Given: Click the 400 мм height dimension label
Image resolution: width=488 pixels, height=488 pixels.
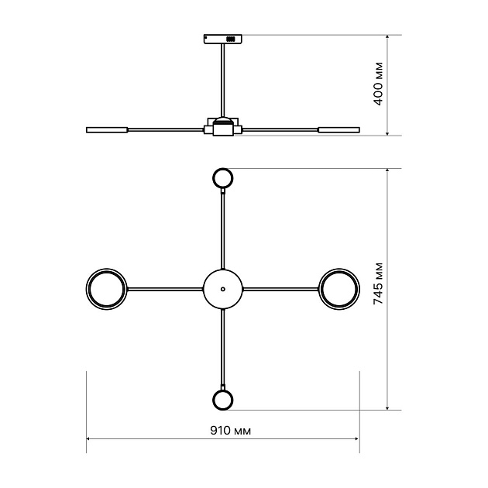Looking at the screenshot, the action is point(378,84).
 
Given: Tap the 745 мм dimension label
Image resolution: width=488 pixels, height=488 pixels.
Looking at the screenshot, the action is point(378,284).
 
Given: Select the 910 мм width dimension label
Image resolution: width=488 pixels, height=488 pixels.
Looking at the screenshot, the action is point(231,431).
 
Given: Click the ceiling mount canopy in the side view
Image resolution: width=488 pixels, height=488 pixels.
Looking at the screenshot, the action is point(223,39).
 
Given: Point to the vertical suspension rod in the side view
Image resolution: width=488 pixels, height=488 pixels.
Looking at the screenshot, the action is point(223,81).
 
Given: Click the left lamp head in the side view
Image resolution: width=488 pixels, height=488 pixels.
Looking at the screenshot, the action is point(107,130).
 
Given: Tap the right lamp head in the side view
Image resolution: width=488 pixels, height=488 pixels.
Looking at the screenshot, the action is point(339,130).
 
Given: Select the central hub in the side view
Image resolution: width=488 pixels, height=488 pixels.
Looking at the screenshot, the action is point(223,127).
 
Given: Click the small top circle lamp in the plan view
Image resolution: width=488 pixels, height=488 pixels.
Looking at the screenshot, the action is point(223,178).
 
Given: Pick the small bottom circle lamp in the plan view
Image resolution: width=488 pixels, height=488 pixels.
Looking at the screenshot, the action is point(223,400).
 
